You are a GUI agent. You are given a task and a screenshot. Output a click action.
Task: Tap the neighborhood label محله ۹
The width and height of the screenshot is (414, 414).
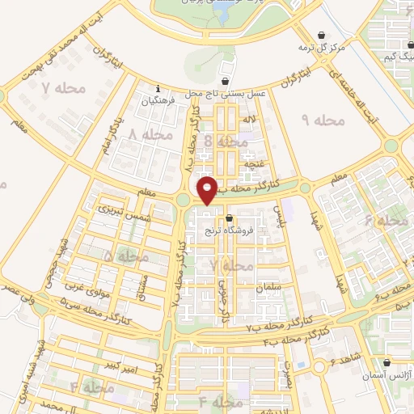pyautogui.click(x=323, y=120)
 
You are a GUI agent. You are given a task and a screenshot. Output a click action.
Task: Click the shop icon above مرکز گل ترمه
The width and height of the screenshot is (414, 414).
pyautogui.click(x=323, y=36)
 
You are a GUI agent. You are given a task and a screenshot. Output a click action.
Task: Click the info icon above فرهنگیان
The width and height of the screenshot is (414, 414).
pyautogui.click(x=158, y=89)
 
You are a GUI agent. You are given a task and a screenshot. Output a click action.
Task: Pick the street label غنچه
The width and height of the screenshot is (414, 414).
pyautogui.click(x=256, y=163)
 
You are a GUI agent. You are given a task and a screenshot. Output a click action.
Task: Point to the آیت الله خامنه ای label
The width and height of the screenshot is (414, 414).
pyautogui.click(x=365, y=96)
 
